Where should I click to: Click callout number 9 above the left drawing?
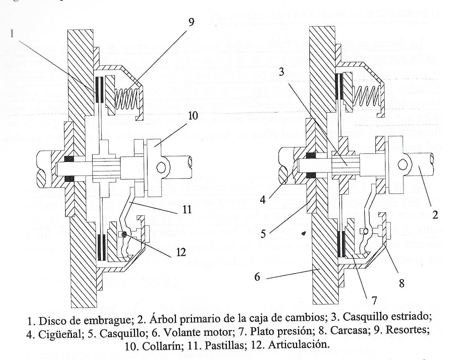pyautogui.click(x=191, y=22)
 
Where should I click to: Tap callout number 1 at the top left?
pyautogui.click(x=12, y=34)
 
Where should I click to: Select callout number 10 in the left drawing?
pyautogui.click(x=193, y=116)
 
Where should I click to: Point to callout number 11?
pyautogui.click(x=187, y=210)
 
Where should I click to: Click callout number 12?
pyautogui.click(x=181, y=252)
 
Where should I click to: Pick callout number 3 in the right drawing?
pyautogui.click(x=281, y=72)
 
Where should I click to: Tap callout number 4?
pyautogui.click(x=263, y=200)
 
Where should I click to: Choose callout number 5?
pyautogui.click(x=263, y=234)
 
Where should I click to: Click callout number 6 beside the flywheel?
pyautogui.click(x=257, y=276)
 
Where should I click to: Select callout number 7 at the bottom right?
pyautogui.click(x=374, y=300)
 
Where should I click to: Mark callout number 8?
pyautogui.click(x=402, y=283)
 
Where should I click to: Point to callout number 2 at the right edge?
pyautogui.click(x=435, y=215)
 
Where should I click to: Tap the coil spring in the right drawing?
pyautogui.click(x=367, y=97)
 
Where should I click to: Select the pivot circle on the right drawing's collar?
pyautogui.click(x=403, y=164)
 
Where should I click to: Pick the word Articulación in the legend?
pyautogui.click(x=299, y=345)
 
